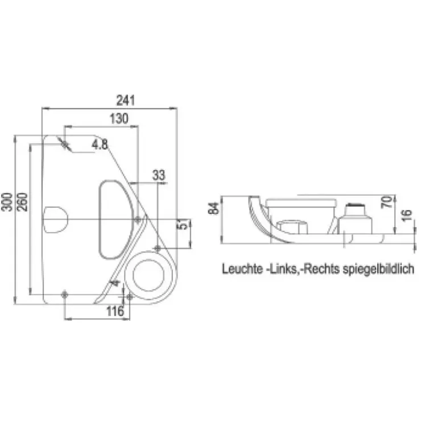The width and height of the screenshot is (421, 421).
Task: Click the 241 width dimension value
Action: tap(125, 101)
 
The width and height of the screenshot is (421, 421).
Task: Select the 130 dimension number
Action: tap(119, 119)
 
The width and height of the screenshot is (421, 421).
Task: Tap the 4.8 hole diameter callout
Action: tap(100, 145)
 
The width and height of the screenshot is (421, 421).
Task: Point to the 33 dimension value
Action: tap(159, 175)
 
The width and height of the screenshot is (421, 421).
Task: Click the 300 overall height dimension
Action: tap(7, 202)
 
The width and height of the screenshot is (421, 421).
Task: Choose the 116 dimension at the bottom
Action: tap(115, 311)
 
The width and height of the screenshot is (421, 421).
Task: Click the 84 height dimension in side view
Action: tap(214, 208)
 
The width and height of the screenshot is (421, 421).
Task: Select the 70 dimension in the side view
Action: tap(386, 202)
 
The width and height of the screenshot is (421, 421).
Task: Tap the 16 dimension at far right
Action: tap(407, 215)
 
